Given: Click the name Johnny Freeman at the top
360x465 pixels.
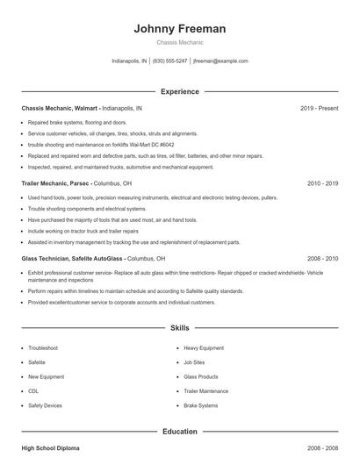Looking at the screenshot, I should pos(180,28).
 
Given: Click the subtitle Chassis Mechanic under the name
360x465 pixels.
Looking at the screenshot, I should pos(180,42).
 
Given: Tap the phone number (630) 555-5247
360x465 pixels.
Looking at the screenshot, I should pos(169,61).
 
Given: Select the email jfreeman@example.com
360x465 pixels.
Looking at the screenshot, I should pos(220,61).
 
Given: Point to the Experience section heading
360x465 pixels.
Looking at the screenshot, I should pos(180,91).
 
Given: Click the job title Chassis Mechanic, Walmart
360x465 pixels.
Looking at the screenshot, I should pos(60,108).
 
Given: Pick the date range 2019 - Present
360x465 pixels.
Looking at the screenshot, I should pos(319,108).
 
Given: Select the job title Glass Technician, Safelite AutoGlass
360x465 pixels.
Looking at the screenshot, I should pos(73,259).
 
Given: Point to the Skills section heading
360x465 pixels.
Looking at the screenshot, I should pos(180,327).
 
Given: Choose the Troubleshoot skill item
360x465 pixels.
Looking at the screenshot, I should pos(44,348).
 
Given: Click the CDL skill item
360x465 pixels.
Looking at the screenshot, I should pos(33,391).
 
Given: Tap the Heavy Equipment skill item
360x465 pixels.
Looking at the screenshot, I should pos(205,348).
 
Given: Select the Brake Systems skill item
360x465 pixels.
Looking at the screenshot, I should pos(201,406).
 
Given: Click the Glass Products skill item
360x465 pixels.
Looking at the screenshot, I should pos(201,377).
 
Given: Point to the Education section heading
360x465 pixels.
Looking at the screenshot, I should pos(180,432).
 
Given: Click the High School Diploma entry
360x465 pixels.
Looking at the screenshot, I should pos(50,448).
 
